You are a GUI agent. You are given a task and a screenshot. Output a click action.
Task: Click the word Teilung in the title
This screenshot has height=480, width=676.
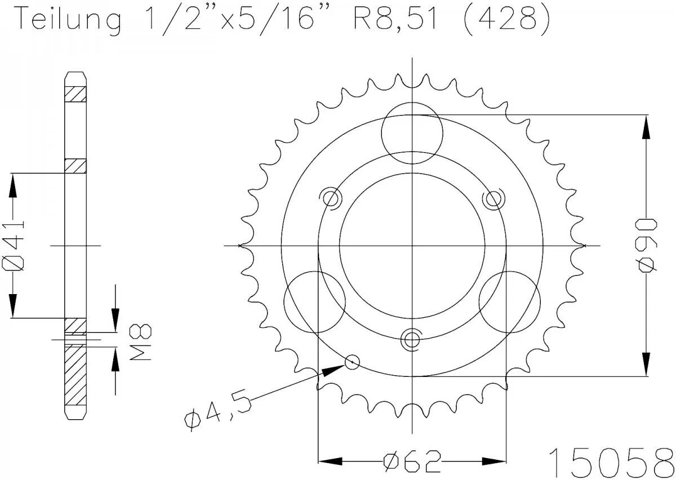pos(68,20)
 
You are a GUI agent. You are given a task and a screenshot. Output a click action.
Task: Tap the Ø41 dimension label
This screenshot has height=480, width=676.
pos(15,246)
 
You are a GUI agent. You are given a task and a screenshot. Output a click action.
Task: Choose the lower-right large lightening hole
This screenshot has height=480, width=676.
pos(509,301)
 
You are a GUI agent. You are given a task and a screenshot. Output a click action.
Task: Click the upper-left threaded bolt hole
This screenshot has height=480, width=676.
pos(331,198)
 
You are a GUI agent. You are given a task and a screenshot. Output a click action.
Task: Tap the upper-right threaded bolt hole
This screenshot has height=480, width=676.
pos(493,198)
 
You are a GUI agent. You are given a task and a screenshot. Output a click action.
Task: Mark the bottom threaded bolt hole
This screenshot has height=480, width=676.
pos(412,339)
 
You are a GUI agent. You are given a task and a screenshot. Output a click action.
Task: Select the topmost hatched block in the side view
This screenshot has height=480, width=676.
pos(75,94)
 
